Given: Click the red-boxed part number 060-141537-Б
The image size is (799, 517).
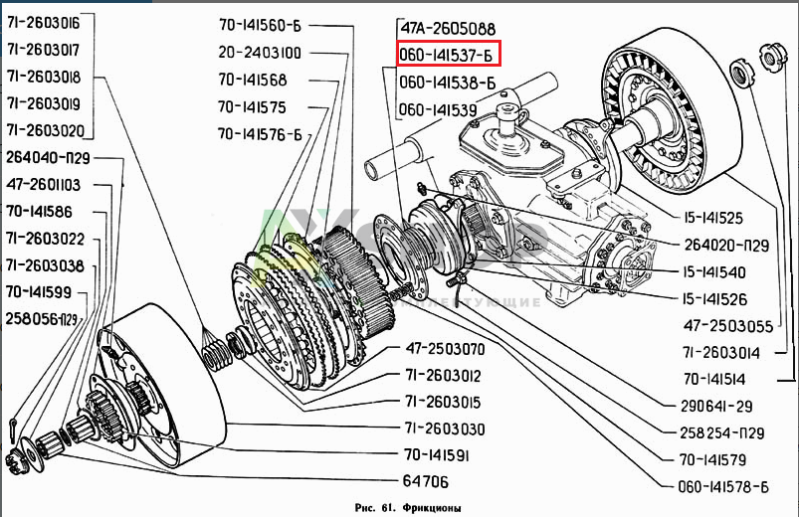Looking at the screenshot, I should pos(447,55).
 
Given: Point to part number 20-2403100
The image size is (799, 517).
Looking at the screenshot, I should pos(261,53).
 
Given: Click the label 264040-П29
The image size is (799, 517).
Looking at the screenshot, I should pos(50,158).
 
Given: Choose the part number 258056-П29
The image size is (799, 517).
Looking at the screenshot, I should pos(42,319).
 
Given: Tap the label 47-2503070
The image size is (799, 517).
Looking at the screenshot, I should pos(445,349).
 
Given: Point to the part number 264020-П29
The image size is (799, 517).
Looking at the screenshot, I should pos(727,245).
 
